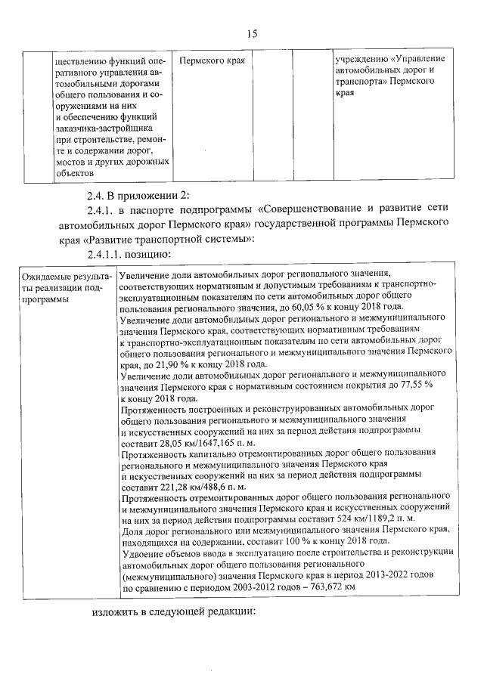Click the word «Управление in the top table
point(419,59)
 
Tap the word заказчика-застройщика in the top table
point(104,128)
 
